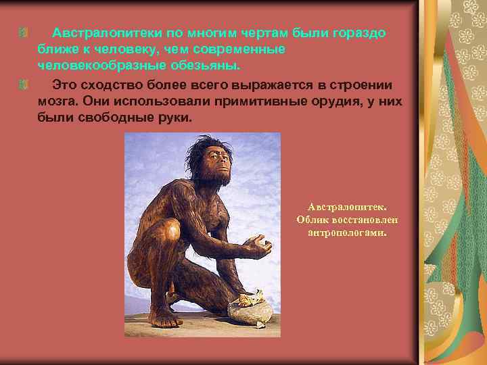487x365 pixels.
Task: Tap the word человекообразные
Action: (x=96, y=66)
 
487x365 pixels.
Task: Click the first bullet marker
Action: (x=23, y=33)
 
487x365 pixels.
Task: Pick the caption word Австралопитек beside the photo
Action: (x=346, y=207)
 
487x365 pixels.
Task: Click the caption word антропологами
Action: (x=346, y=233)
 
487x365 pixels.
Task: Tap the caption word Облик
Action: (x=313, y=220)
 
